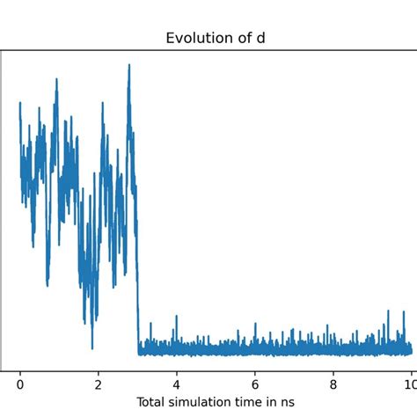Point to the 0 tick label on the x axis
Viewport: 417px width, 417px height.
click(20, 384)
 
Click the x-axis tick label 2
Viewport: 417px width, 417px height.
click(99, 384)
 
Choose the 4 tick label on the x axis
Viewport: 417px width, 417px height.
click(177, 384)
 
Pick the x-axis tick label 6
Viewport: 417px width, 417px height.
click(255, 384)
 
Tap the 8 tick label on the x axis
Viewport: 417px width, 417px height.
click(333, 384)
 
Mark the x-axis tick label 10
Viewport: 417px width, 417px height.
click(409, 384)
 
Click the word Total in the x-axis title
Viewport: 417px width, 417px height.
click(151, 402)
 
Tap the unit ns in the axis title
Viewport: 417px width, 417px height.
click(296, 402)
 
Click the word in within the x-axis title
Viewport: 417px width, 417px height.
click(279, 402)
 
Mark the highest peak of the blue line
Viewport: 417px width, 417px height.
click(129, 64)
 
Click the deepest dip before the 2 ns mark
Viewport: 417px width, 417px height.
click(91, 347)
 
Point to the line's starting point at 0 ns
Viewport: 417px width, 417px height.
click(20, 104)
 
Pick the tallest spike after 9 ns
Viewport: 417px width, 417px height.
click(388, 311)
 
